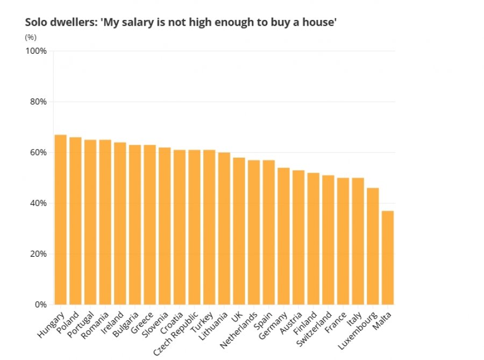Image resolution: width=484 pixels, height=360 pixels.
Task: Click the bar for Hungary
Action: pyautogui.click(x=60, y=220)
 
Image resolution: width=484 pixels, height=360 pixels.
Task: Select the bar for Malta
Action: pyautogui.click(x=388, y=258)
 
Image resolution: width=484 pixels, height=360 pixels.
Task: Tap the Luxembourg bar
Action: pyautogui.click(x=373, y=246)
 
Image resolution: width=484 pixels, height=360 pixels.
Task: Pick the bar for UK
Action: pyautogui.click(x=239, y=231)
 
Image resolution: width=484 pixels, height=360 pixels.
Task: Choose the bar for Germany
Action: pyautogui.click(x=283, y=236)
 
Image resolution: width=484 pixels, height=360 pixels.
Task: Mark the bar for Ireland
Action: pyautogui.click(x=120, y=223)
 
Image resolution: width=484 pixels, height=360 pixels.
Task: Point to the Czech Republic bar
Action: pyautogui.click(x=195, y=227)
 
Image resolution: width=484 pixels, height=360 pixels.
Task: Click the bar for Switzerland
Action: pyautogui.click(x=328, y=240)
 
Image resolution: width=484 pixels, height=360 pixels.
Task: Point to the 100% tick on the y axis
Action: pyautogui.click(x=36, y=51)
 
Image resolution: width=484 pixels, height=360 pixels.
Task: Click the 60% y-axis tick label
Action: pyautogui.click(x=38, y=152)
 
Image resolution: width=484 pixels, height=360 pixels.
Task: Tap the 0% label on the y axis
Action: pyautogui.click(x=40, y=305)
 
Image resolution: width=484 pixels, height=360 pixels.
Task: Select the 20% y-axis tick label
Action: pyautogui.click(x=38, y=254)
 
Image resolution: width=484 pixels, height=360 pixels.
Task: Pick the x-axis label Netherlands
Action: pyautogui.click(x=239, y=330)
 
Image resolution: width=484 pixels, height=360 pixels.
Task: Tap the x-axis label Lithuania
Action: pyautogui.click(x=213, y=326)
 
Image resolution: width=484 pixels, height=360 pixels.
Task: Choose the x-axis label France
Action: pyautogui.click(x=336, y=322)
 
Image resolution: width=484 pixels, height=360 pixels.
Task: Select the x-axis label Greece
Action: pyautogui.click(x=142, y=323)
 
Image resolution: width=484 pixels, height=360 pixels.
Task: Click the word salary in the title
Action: pyautogui.click(x=138, y=23)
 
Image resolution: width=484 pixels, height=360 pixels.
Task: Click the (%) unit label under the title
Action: pyautogui.click(x=31, y=37)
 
